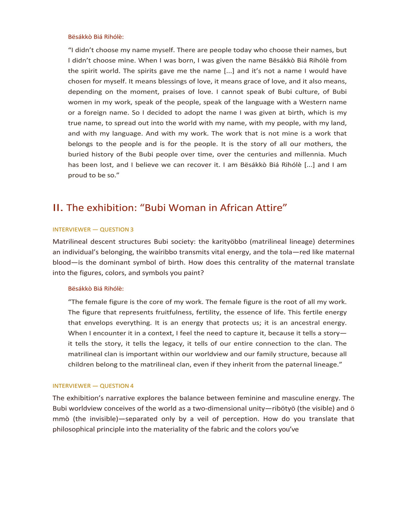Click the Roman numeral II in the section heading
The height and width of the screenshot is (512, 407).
tap(58, 208)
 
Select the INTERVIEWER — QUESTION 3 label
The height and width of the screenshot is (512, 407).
tap(93, 229)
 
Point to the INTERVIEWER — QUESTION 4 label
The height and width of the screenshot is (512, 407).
tap(93, 386)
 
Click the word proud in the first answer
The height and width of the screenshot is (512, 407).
tap(77, 175)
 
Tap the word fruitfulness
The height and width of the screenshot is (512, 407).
tap(177, 312)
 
